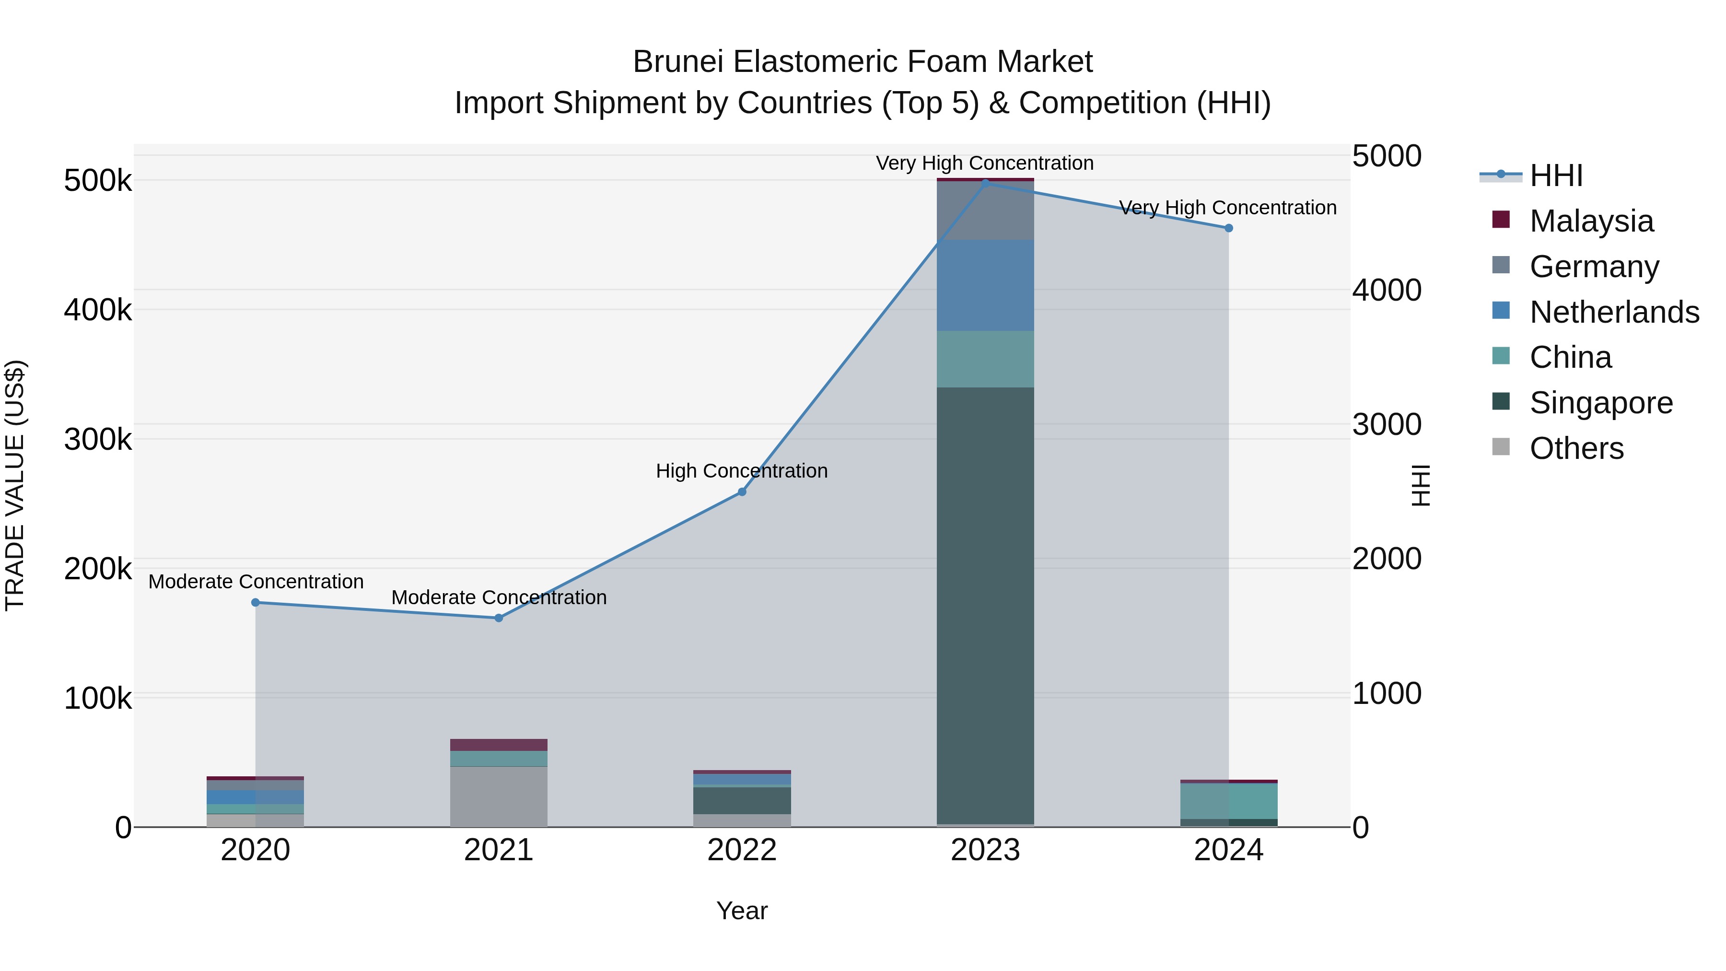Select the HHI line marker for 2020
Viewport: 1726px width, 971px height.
coord(255,602)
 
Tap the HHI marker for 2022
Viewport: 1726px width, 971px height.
coord(742,492)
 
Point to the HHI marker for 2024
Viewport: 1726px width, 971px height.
coord(1228,228)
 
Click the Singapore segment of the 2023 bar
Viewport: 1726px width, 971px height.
coord(985,603)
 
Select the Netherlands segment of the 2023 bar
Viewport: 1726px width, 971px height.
coord(985,285)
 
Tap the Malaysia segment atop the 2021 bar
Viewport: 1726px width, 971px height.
coord(499,745)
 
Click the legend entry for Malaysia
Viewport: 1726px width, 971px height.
coord(1591,221)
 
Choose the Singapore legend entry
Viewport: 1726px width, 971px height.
coord(1601,403)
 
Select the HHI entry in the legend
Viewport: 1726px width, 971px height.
coord(1556,175)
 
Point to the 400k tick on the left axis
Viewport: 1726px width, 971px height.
coord(98,310)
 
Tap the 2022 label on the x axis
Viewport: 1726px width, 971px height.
coord(742,850)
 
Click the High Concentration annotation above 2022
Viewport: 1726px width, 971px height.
coord(742,471)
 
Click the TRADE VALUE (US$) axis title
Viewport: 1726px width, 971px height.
coord(15,485)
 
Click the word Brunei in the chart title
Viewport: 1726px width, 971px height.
coord(679,62)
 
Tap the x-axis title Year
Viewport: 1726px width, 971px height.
coord(742,911)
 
